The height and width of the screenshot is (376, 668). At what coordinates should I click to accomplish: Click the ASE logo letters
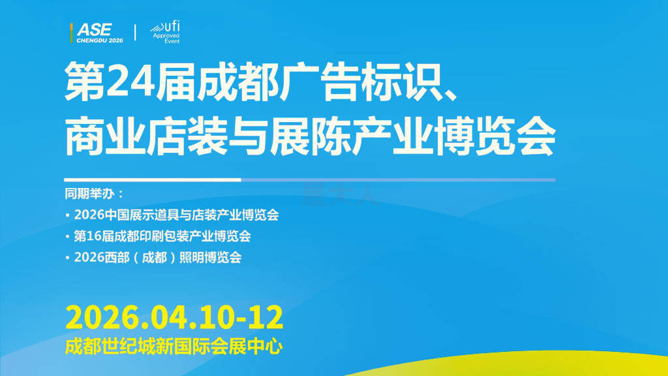click(x=94, y=30)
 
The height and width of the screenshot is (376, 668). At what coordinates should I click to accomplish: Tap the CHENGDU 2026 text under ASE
click(x=100, y=40)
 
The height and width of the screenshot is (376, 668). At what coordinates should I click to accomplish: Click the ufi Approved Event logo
click(x=165, y=32)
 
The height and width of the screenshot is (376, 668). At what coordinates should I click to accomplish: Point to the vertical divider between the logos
click(x=135, y=33)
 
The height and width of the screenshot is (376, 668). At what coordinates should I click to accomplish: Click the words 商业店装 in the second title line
click(x=146, y=136)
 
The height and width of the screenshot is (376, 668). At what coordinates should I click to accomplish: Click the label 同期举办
click(x=89, y=193)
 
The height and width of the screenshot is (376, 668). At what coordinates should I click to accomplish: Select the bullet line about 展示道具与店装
click(x=172, y=214)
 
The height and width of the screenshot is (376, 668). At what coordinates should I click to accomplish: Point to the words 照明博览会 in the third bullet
click(x=211, y=257)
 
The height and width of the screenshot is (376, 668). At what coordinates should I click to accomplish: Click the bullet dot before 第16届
click(x=67, y=236)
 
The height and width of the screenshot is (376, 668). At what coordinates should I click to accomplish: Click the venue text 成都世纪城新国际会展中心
click(x=174, y=346)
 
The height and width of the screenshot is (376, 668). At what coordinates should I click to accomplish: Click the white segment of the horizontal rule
click(x=153, y=180)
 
